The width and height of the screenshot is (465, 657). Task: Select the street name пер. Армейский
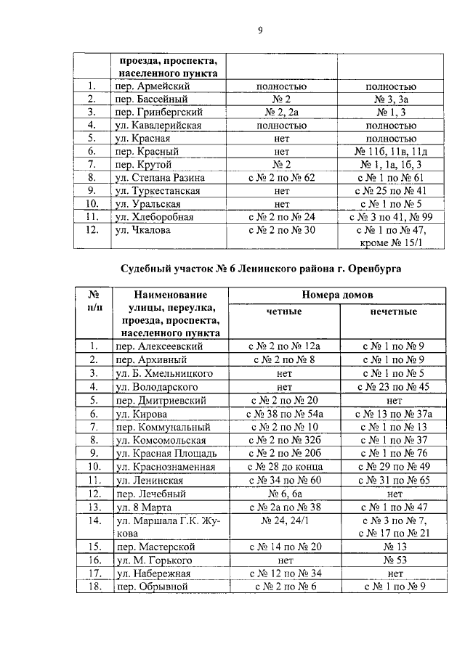click(x=150, y=86)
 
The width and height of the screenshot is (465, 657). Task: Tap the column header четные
click(x=284, y=311)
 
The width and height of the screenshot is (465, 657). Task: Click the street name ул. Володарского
click(x=160, y=386)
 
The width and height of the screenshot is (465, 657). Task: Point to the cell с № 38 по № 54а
click(x=284, y=413)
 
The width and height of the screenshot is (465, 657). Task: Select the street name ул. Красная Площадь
click(x=163, y=453)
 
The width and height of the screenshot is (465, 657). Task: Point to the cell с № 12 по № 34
click(x=284, y=573)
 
